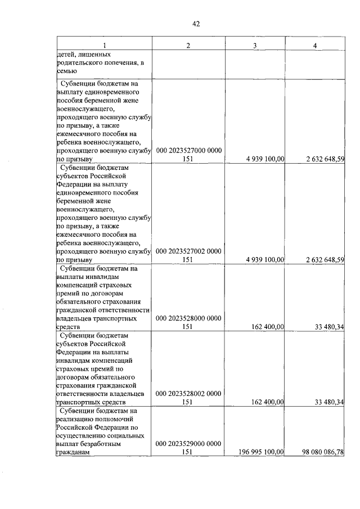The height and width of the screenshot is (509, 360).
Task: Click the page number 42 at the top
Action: (x=196, y=24)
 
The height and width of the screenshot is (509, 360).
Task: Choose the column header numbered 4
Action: (x=315, y=46)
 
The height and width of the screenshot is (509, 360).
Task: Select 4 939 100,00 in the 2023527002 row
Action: (x=264, y=260)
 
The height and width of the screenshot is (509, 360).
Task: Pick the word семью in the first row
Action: (x=66, y=71)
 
